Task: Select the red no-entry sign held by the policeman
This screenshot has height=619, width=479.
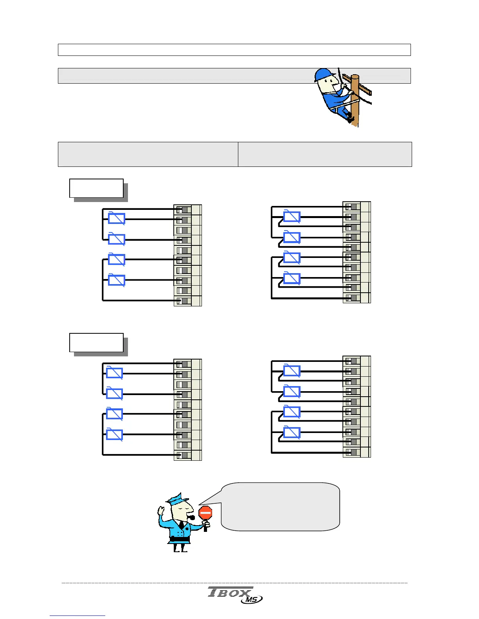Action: [205, 513]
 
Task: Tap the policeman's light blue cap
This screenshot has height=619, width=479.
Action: [178, 499]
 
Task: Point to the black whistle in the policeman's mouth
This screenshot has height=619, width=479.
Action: [192, 518]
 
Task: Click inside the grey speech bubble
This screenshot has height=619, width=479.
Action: [280, 506]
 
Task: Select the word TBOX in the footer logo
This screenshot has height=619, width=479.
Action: [229, 592]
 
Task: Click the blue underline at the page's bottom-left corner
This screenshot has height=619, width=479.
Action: [77, 616]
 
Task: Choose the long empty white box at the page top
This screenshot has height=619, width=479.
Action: [234, 50]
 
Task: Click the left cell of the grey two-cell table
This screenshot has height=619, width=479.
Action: [148, 154]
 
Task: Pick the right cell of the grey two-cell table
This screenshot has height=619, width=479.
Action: [325, 154]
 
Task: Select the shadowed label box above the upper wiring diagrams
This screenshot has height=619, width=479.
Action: [96, 188]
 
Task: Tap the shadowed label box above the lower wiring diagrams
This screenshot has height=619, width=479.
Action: [96, 343]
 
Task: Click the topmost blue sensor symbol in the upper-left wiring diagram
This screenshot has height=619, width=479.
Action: [117, 218]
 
